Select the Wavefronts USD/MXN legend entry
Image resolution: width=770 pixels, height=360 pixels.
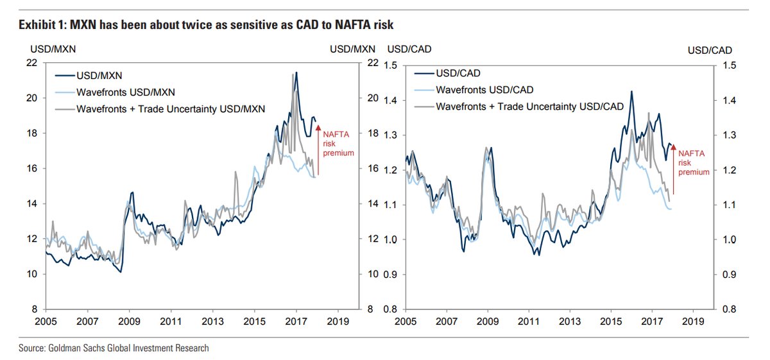click(x=125, y=92)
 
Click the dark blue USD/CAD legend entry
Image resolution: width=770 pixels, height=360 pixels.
click(x=458, y=73)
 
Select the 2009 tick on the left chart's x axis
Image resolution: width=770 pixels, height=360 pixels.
click(x=128, y=321)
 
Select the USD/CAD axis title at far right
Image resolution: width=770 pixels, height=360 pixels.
click(x=710, y=49)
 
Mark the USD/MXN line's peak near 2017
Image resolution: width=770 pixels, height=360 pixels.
click(x=295, y=73)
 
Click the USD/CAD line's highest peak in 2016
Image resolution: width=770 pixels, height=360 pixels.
click(x=632, y=91)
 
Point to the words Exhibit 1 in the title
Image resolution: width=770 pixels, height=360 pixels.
click(x=40, y=25)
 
